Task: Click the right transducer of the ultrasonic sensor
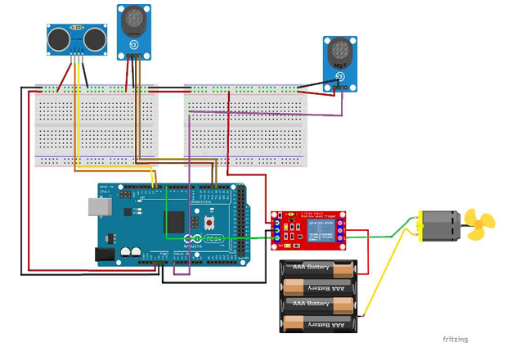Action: click(96, 37)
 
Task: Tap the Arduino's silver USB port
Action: click(99, 207)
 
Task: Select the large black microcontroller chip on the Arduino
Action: click(175, 222)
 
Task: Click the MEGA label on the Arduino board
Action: click(213, 239)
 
